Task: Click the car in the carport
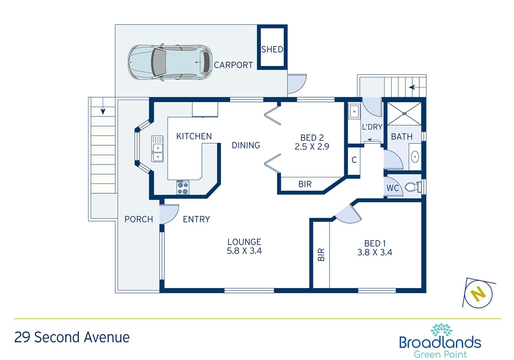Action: [x=170, y=62]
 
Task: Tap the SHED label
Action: [x=272, y=49]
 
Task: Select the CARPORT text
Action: [x=233, y=65]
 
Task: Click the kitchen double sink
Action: [x=157, y=149]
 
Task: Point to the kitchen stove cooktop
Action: [x=183, y=187]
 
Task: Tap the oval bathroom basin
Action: [x=415, y=157]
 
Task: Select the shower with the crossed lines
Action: [x=404, y=114]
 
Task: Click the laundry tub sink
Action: [x=354, y=112]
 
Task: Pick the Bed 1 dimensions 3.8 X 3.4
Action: [x=375, y=252]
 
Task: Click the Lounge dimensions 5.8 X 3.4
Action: [x=244, y=251]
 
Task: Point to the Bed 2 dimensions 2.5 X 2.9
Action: [x=312, y=146]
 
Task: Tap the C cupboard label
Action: [x=354, y=160]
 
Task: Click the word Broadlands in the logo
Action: [x=440, y=342]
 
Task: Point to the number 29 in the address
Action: [x=22, y=337]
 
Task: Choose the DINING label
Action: [x=246, y=145]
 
